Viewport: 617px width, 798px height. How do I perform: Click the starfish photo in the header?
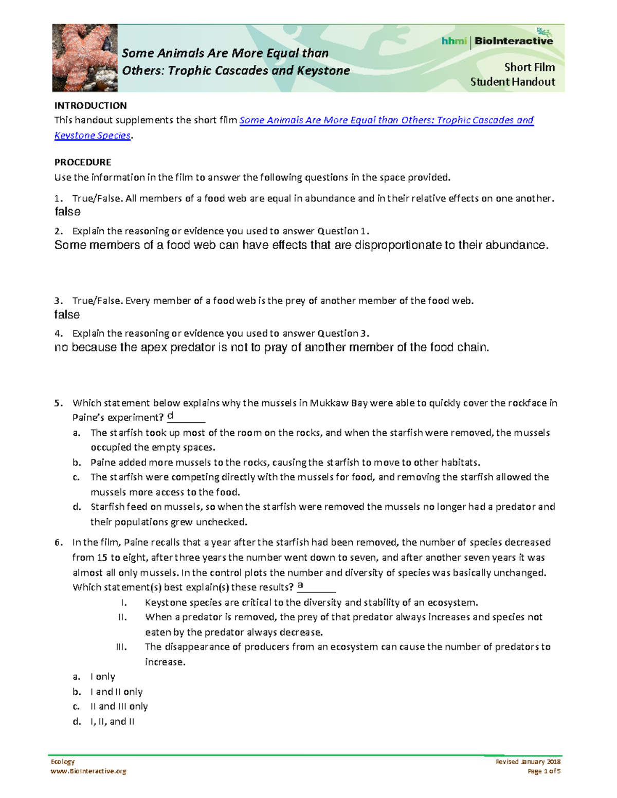(84, 58)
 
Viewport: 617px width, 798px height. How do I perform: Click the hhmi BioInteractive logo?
(497, 41)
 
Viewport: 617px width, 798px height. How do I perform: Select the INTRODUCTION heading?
(90, 106)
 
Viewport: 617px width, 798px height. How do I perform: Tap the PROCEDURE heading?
(83, 162)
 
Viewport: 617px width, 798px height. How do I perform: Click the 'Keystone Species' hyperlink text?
(93, 136)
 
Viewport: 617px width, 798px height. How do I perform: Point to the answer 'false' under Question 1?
(67, 212)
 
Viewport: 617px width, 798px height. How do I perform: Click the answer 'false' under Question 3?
(67, 314)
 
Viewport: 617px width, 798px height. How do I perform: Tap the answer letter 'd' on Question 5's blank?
(171, 416)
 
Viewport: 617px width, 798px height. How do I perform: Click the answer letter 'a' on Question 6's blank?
(300, 585)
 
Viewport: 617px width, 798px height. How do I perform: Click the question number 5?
(58, 403)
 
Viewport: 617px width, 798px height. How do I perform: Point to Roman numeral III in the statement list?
(121, 647)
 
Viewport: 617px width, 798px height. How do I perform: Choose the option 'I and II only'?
(117, 692)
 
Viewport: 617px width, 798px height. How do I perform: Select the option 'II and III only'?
(119, 707)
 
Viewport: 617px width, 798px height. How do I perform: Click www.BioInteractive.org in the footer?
(88, 771)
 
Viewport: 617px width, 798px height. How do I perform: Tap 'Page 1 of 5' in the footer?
(544, 771)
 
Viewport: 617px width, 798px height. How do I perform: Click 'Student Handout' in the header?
(513, 82)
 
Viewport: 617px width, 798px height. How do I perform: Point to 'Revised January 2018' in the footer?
(528, 762)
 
